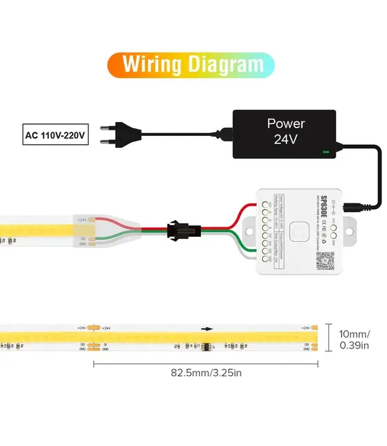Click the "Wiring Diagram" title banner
(x=190, y=64)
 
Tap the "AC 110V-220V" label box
(x=56, y=134)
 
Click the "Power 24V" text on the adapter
(x=286, y=131)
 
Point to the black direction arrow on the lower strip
(x=207, y=328)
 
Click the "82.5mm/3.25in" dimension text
(x=206, y=373)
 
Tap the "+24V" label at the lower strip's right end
(x=305, y=328)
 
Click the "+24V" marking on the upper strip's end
(x=82, y=220)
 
